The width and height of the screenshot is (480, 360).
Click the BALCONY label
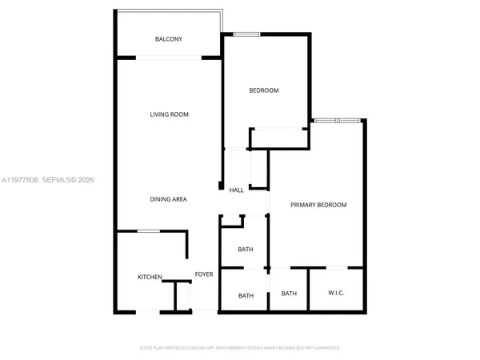[169, 39]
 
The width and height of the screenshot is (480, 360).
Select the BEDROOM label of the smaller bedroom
[264, 90]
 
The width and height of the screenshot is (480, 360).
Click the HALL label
[237, 190]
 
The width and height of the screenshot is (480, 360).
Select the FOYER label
[204, 274]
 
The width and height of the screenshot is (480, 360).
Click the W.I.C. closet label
[337, 294]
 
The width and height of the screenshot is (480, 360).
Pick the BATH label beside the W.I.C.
[289, 294]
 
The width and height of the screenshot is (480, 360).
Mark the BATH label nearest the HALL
[246, 250]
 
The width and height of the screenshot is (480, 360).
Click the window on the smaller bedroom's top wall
[246, 34]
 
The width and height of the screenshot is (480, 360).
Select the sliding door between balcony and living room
[168, 57]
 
